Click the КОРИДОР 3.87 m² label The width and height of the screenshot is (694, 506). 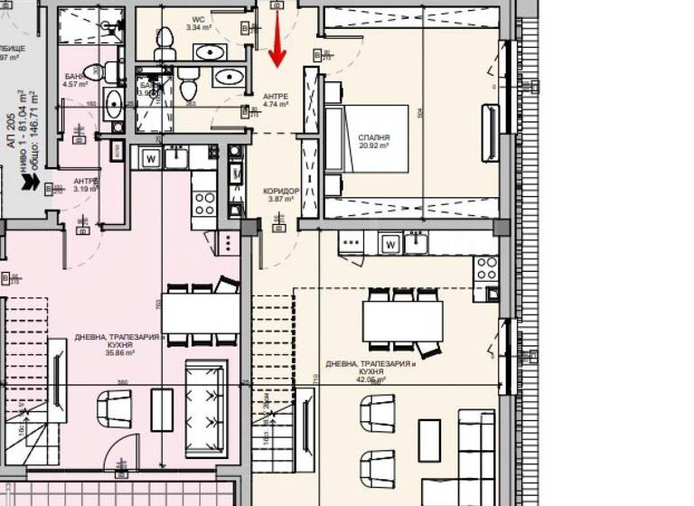click(280, 197)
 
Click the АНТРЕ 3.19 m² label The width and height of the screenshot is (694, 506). click(87, 184)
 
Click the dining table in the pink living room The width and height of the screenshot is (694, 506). click(202, 314)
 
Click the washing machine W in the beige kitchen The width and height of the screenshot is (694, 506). click(390, 243)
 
